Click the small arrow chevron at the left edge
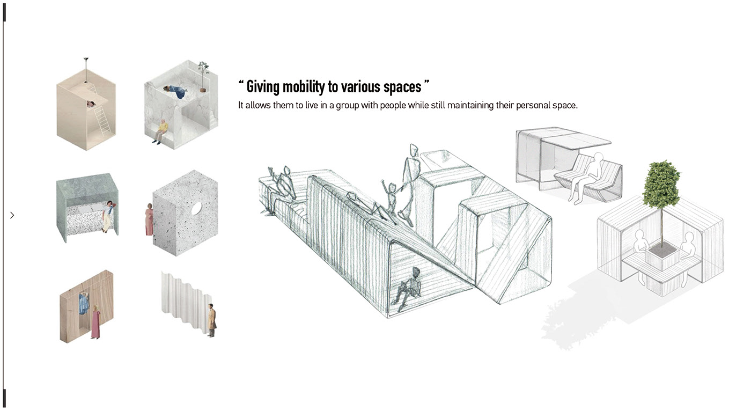coord(12,215)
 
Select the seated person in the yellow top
coord(160,131)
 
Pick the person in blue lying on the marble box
coord(176,92)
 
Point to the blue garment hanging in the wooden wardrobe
coord(84,304)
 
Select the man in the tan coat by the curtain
coord(212,320)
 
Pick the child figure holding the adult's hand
coord(390,199)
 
